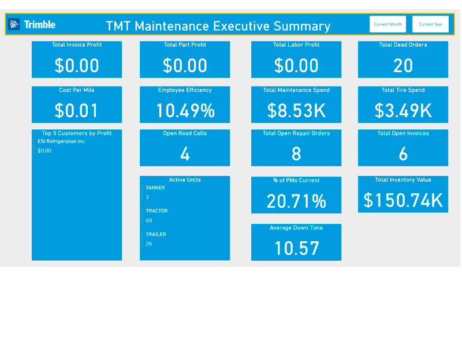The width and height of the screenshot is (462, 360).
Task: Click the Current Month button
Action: pos(388,24)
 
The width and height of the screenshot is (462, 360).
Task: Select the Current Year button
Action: pos(430,24)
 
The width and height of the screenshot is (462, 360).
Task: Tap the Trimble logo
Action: pos(33,24)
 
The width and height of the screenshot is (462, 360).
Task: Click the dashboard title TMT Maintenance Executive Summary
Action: pos(218,26)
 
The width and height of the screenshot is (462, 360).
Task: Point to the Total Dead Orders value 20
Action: pos(403,66)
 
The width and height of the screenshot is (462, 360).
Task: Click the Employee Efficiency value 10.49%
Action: pos(185,110)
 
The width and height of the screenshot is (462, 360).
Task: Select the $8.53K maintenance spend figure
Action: pos(296,110)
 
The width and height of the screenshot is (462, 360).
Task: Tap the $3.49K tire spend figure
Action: pos(403,110)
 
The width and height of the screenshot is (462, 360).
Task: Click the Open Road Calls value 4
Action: pos(185,154)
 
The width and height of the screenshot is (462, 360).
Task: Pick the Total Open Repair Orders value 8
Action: pos(296,154)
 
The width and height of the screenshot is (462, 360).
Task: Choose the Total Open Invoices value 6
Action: pos(403,154)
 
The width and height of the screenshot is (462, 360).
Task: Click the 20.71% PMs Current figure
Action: pos(296,201)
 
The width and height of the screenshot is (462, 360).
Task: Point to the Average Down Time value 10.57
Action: pos(296,248)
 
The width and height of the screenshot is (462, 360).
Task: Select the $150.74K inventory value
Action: pos(403,200)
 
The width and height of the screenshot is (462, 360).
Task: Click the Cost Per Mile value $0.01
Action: pos(77,110)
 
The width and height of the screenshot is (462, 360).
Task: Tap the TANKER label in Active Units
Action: pos(155,187)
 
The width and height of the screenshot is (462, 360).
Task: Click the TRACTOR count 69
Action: pos(149,220)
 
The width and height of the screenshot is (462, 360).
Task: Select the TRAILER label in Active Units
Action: pos(156,234)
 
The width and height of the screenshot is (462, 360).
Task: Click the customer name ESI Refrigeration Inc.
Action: pos(62,141)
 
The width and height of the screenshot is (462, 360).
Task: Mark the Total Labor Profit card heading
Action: pos(296,45)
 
